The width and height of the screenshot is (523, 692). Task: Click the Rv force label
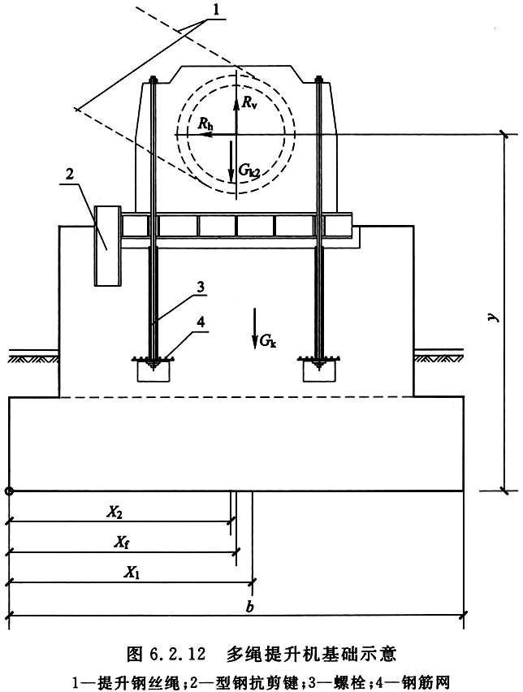(x=249, y=103)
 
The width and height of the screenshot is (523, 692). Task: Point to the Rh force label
(x=205, y=123)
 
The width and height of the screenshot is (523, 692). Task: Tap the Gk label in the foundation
(x=268, y=340)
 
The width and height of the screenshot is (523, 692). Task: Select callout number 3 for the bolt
(x=201, y=288)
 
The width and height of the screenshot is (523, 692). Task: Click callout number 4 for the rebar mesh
(x=201, y=322)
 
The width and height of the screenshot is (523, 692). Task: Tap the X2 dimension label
(x=115, y=512)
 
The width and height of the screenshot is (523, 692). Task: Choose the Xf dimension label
(x=123, y=543)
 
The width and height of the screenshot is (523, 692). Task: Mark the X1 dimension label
(x=132, y=573)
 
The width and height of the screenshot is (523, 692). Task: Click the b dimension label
(x=250, y=607)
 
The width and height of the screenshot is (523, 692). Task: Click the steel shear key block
(x=108, y=246)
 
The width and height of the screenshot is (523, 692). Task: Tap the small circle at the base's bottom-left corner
(x=9, y=491)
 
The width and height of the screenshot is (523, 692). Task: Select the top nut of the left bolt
(x=153, y=80)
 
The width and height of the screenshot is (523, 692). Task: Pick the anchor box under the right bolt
(x=320, y=371)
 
